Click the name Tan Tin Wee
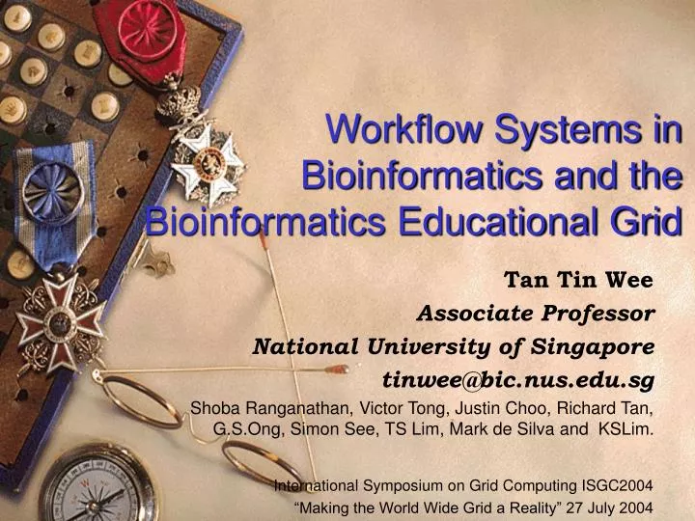pos(580,281)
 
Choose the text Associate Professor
pos(536,313)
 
